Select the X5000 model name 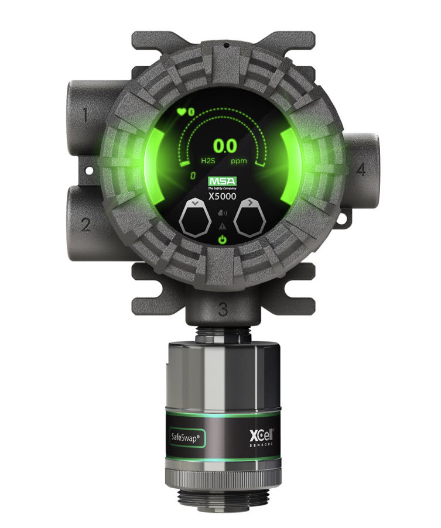(222, 196)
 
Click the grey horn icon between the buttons (223, 214)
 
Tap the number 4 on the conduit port (360, 170)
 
